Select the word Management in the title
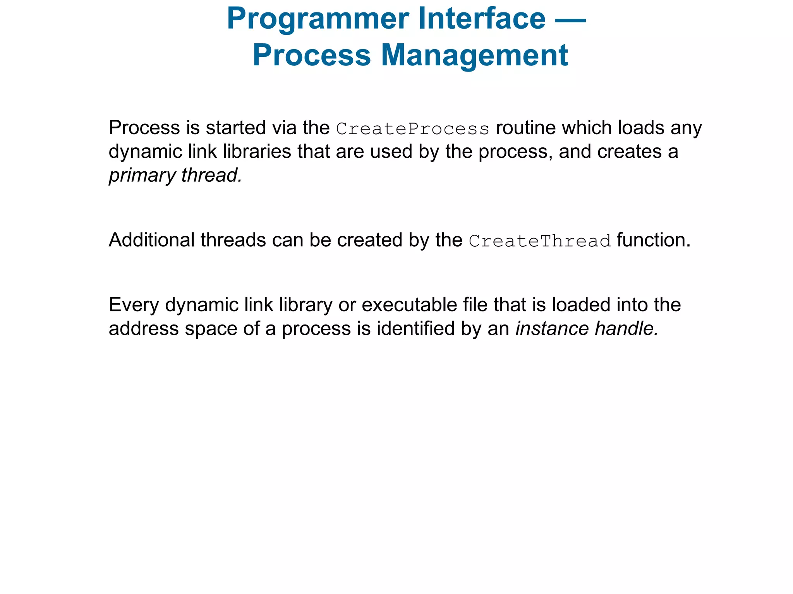474,55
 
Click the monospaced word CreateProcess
413,129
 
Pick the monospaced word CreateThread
540,241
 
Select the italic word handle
626,329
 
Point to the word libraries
257,152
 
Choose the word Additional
151,240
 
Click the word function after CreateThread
653,240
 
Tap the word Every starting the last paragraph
134,305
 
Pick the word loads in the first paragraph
640,128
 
